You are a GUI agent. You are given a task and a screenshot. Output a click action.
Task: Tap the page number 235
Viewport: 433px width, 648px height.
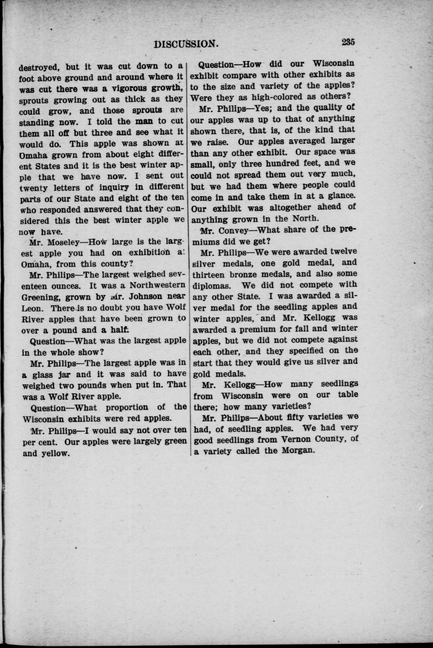348,42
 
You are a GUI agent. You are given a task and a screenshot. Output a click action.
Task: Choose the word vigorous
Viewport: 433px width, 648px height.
129,89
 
